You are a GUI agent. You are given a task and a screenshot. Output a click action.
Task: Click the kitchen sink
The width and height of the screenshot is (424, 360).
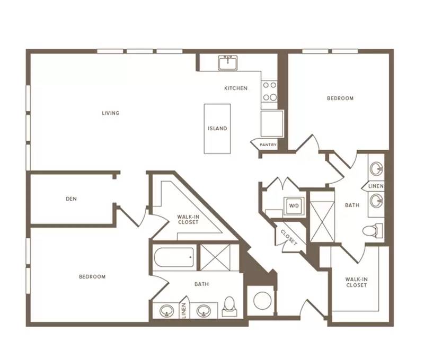228,62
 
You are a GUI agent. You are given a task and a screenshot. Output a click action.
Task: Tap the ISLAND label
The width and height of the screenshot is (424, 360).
217,129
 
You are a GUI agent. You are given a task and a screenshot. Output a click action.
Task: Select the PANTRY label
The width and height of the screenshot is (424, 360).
268,145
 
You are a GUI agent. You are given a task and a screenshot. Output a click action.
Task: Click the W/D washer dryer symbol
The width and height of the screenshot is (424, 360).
294,206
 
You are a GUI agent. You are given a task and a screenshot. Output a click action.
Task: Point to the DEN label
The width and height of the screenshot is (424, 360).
72,199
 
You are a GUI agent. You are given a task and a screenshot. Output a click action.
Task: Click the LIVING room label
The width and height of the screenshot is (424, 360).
110,113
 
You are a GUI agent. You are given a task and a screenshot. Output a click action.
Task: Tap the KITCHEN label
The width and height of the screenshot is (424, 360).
236,88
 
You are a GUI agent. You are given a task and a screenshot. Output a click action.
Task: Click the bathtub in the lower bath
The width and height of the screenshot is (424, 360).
174,257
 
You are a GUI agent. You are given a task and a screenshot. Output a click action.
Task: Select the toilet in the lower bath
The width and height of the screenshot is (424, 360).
229,307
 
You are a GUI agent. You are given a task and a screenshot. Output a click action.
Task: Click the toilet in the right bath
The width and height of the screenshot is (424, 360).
373,231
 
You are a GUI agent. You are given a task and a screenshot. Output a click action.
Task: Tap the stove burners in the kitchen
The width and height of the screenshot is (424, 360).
270,91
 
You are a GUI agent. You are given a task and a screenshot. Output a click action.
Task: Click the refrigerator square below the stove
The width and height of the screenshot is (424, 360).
272,123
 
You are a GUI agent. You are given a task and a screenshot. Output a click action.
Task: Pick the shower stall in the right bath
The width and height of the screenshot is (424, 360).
322,221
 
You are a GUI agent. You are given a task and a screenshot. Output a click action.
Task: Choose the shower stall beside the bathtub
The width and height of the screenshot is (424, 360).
215,257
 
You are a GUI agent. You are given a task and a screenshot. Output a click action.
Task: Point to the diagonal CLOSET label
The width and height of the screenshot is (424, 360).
289,237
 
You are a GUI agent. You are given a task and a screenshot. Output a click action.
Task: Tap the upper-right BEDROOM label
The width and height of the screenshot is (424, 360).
340,98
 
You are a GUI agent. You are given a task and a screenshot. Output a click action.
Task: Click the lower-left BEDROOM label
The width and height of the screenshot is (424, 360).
92,277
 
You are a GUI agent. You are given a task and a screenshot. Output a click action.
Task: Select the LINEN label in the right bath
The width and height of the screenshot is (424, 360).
376,186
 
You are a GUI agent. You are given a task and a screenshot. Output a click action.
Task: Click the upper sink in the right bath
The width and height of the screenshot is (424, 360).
376,169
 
